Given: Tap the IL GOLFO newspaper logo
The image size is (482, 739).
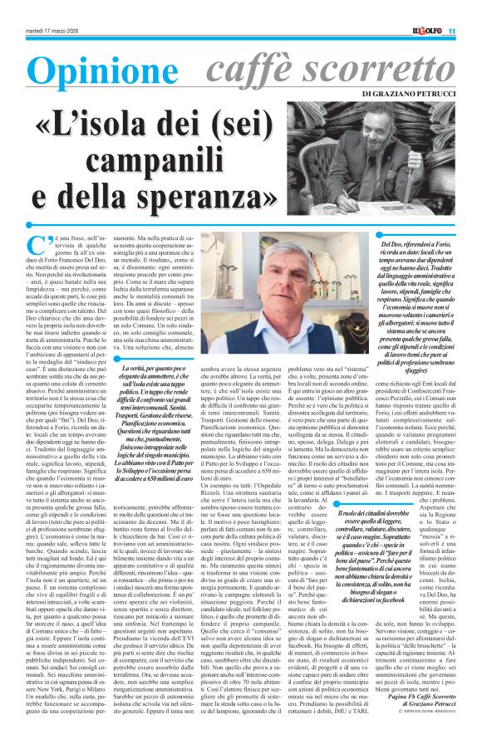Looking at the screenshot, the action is click(x=424, y=32).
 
